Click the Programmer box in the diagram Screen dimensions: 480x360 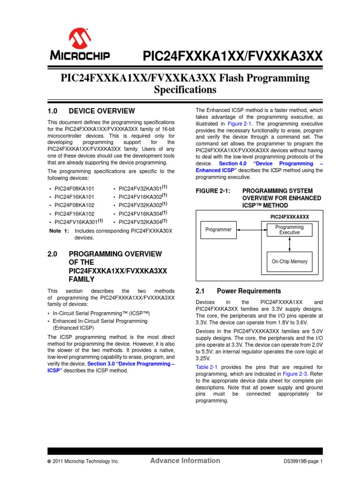pos(218,230)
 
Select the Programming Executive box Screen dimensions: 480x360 pos(289,230)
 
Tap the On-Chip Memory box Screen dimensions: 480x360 pos(289,262)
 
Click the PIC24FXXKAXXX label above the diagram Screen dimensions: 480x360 pos(290,217)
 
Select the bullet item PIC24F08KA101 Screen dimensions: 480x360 pos(75,188)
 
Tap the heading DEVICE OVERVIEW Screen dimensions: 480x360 pos(102,111)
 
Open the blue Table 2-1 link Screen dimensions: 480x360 pos(205,367)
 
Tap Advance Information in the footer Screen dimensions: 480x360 pos(185,460)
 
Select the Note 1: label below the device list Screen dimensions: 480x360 pos(59,231)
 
